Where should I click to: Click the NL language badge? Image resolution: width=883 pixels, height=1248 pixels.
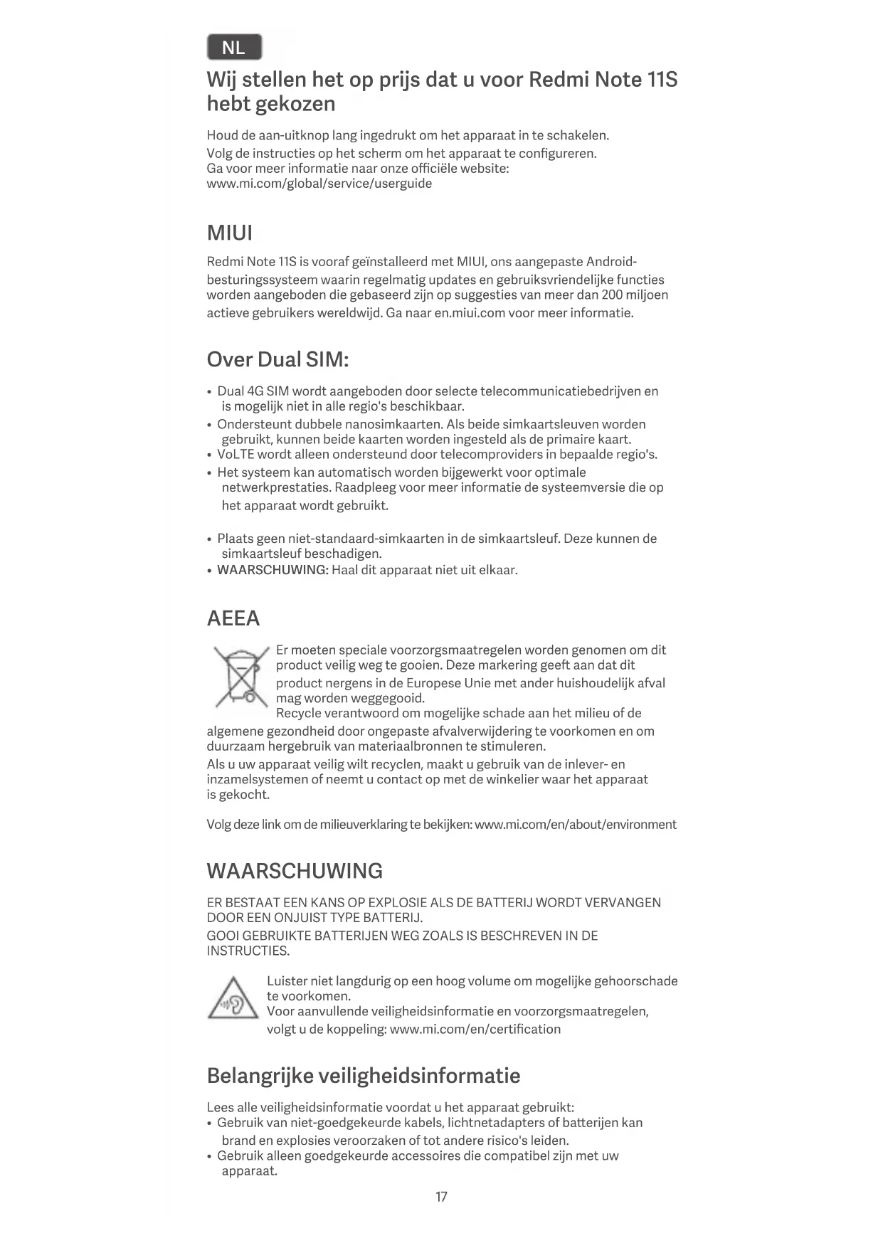pyautogui.click(x=234, y=48)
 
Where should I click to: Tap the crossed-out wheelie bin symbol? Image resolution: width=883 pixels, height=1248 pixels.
pyautogui.click(x=241, y=677)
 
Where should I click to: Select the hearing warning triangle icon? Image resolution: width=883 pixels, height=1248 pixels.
pyautogui.click(x=233, y=999)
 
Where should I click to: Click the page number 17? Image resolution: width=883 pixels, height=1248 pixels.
pyautogui.click(x=441, y=1197)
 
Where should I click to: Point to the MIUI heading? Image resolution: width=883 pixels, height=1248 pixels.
pyautogui.click(x=229, y=233)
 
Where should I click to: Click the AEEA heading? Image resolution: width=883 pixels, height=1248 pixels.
pyautogui.click(x=233, y=618)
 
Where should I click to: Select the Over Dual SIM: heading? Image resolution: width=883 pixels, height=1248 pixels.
pyautogui.click(x=277, y=359)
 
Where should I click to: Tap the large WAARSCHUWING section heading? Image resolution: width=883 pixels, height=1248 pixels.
pyautogui.click(x=295, y=871)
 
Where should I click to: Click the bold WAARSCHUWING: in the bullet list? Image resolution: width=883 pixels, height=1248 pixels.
pyautogui.click(x=273, y=570)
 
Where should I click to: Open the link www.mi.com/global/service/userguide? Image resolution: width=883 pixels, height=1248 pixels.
pyautogui.click(x=319, y=184)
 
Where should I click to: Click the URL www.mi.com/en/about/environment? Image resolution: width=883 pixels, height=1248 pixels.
pyautogui.click(x=575, y=825)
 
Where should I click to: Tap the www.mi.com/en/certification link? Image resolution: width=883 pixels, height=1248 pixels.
pyautogui.click(x=475, y=1029)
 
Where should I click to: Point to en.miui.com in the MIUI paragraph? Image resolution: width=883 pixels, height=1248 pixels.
pyautogui.click(x=470, y=313)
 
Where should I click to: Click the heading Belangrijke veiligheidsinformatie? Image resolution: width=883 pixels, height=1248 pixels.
pyautogui.click(x=363, y=1075)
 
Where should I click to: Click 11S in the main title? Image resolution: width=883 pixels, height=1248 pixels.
pyautogui.click(x=662, y=79)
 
